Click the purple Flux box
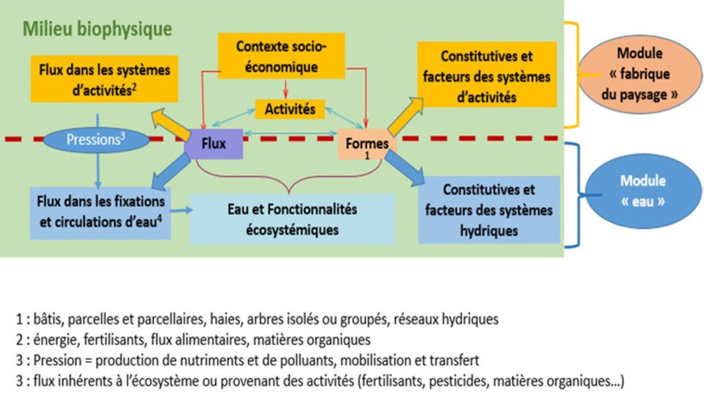pos(213,144)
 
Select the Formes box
pos(367,144)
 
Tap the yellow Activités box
pos(290,109)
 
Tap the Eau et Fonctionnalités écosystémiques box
pos(292,219)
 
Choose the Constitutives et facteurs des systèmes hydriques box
pos(488,210)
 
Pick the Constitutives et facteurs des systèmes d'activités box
pos(487,77)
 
